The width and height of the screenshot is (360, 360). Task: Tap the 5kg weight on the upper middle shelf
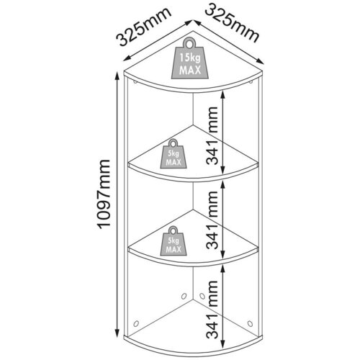174,154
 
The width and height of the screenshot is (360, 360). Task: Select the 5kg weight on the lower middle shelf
174,240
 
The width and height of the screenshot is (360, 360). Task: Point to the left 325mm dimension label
143,27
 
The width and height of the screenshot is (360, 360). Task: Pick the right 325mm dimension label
233,24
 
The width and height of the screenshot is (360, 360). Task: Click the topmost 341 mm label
212,135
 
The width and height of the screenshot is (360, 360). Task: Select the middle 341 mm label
212,220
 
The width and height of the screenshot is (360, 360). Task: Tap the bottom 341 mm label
212,310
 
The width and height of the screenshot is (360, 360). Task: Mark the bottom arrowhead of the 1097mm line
117,334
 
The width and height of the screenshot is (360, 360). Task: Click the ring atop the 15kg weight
189,43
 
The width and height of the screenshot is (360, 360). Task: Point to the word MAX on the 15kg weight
190,70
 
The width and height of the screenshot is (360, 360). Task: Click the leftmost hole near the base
136,323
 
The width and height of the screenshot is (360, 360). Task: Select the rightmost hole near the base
250,323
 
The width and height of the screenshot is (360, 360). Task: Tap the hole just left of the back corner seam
184,296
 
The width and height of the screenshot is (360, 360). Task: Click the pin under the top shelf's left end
135,82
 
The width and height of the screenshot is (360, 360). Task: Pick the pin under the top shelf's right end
251,82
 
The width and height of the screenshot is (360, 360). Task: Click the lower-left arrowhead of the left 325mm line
127,59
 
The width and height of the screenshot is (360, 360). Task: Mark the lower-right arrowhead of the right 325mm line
260,61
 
